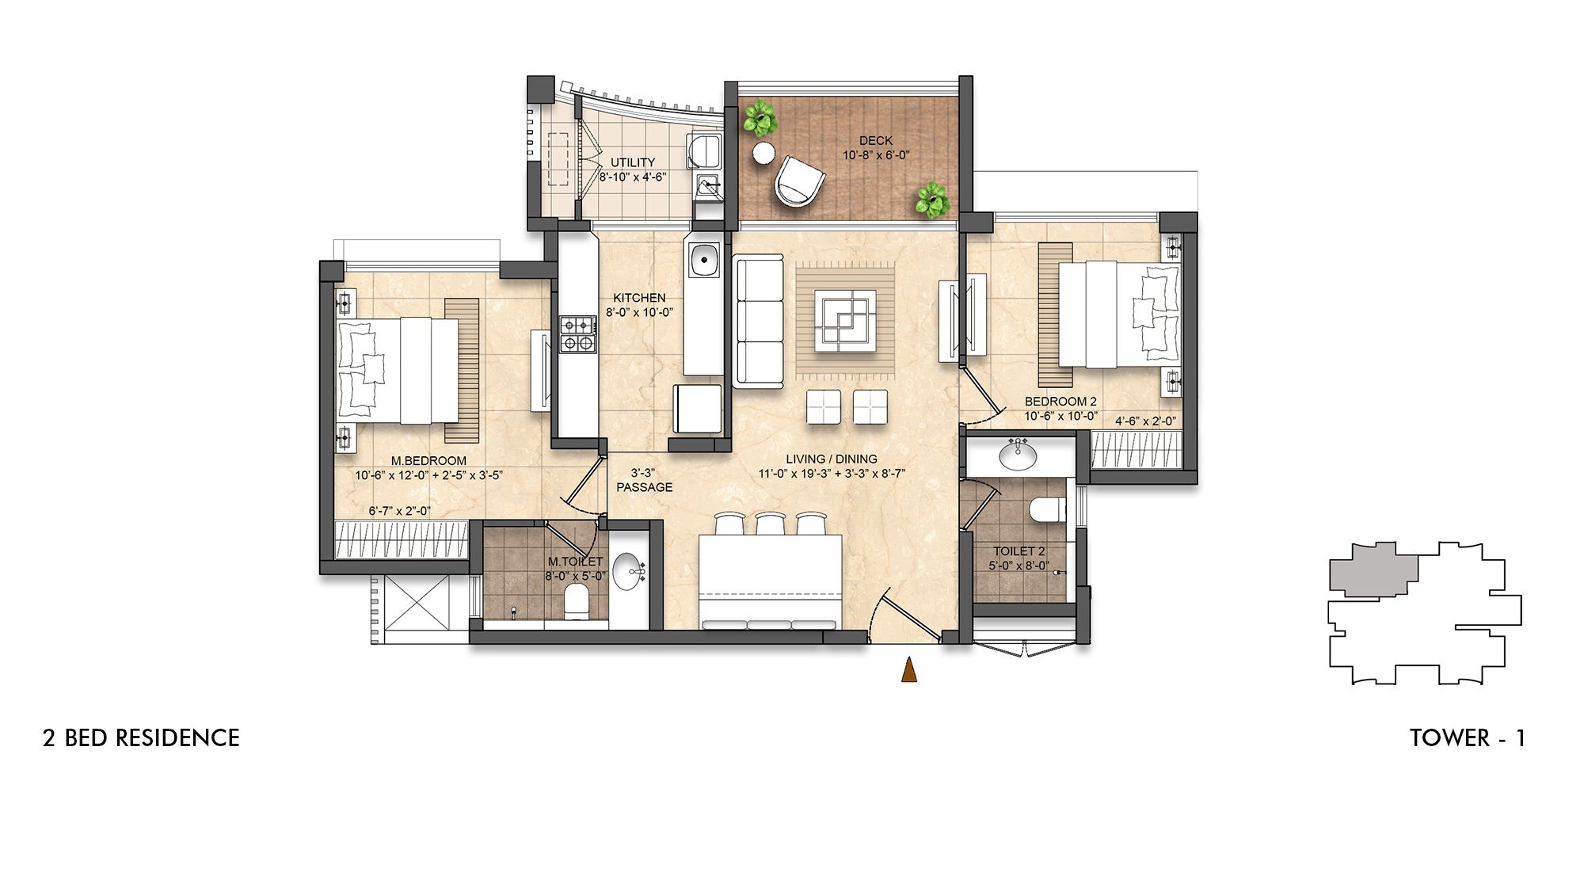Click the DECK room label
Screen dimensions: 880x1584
click(x=875, y=141)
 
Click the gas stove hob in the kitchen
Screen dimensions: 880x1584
click(x=577, y=333)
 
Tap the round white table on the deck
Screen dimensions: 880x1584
click(x=763, y=154)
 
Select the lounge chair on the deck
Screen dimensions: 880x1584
click(x=798, y=181)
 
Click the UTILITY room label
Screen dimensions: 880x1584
click(x=633, y=162)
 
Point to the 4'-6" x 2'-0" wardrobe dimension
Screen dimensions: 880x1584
click(x=1145, y=421)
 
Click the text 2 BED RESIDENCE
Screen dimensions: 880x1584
click(x=141, y=738)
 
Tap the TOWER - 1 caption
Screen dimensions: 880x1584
click(x=1467, y=738)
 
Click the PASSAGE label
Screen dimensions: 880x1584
click(x=644, y=487)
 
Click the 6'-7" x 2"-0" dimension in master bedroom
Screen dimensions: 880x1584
click(x=399, y=511)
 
